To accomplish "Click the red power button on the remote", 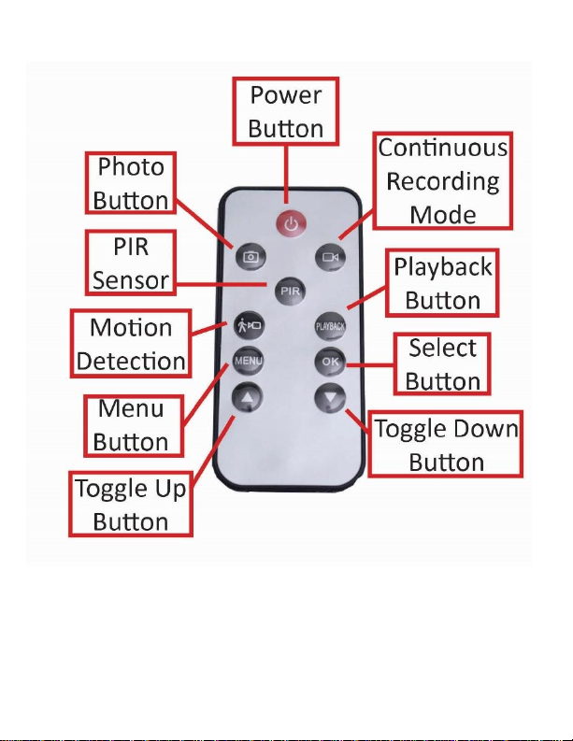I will tap(291, 224).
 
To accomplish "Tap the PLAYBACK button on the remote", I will tap(330, 326).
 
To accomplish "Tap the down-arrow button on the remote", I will tap(330, 395).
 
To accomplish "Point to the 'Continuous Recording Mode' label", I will tap(444, 181).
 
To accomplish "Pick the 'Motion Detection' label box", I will tap(131, 344).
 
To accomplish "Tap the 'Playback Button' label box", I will tap(442, 283).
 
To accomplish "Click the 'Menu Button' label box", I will tap(131, 423).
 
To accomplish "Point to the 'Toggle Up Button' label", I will tap(131, 503).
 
